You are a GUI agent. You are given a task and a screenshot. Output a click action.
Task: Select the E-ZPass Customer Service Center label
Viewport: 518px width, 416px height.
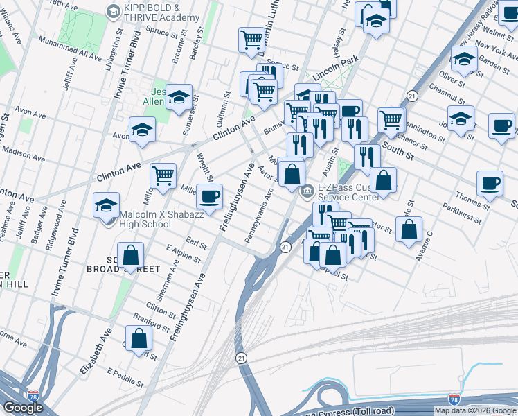point(348,192)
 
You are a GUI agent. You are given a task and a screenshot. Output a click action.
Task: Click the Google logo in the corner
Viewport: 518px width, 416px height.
point(22,408)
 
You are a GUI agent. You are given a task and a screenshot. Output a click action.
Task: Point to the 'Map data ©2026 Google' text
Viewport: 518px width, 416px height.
point(476,410)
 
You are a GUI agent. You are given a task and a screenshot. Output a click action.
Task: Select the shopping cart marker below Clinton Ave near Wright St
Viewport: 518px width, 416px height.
point(163,175)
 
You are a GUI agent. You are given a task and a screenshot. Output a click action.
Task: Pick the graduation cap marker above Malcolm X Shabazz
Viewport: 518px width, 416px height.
point(107,205)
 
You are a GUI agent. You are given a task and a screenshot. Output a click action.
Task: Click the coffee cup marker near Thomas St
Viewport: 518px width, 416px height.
point(490,183)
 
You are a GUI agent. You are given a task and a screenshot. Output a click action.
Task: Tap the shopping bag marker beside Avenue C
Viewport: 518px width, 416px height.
point(410,229)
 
